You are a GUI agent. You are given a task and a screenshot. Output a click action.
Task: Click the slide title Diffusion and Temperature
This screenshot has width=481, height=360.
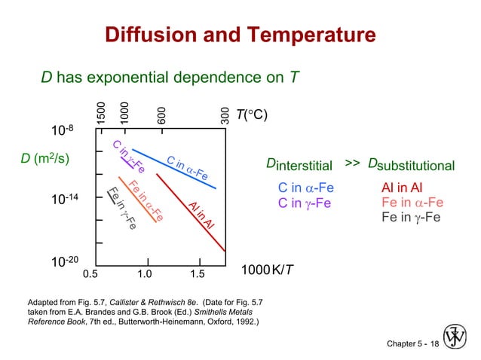240,35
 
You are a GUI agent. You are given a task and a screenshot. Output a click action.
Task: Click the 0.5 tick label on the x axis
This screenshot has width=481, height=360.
90,272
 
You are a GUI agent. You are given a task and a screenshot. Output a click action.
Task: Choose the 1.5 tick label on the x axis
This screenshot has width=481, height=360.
198,272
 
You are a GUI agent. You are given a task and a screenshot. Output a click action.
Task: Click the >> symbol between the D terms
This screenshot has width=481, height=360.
353,163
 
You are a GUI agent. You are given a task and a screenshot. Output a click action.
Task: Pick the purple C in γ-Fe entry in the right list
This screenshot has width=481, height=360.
305,203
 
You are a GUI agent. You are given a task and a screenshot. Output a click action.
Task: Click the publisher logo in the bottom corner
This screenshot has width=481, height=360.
456,337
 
